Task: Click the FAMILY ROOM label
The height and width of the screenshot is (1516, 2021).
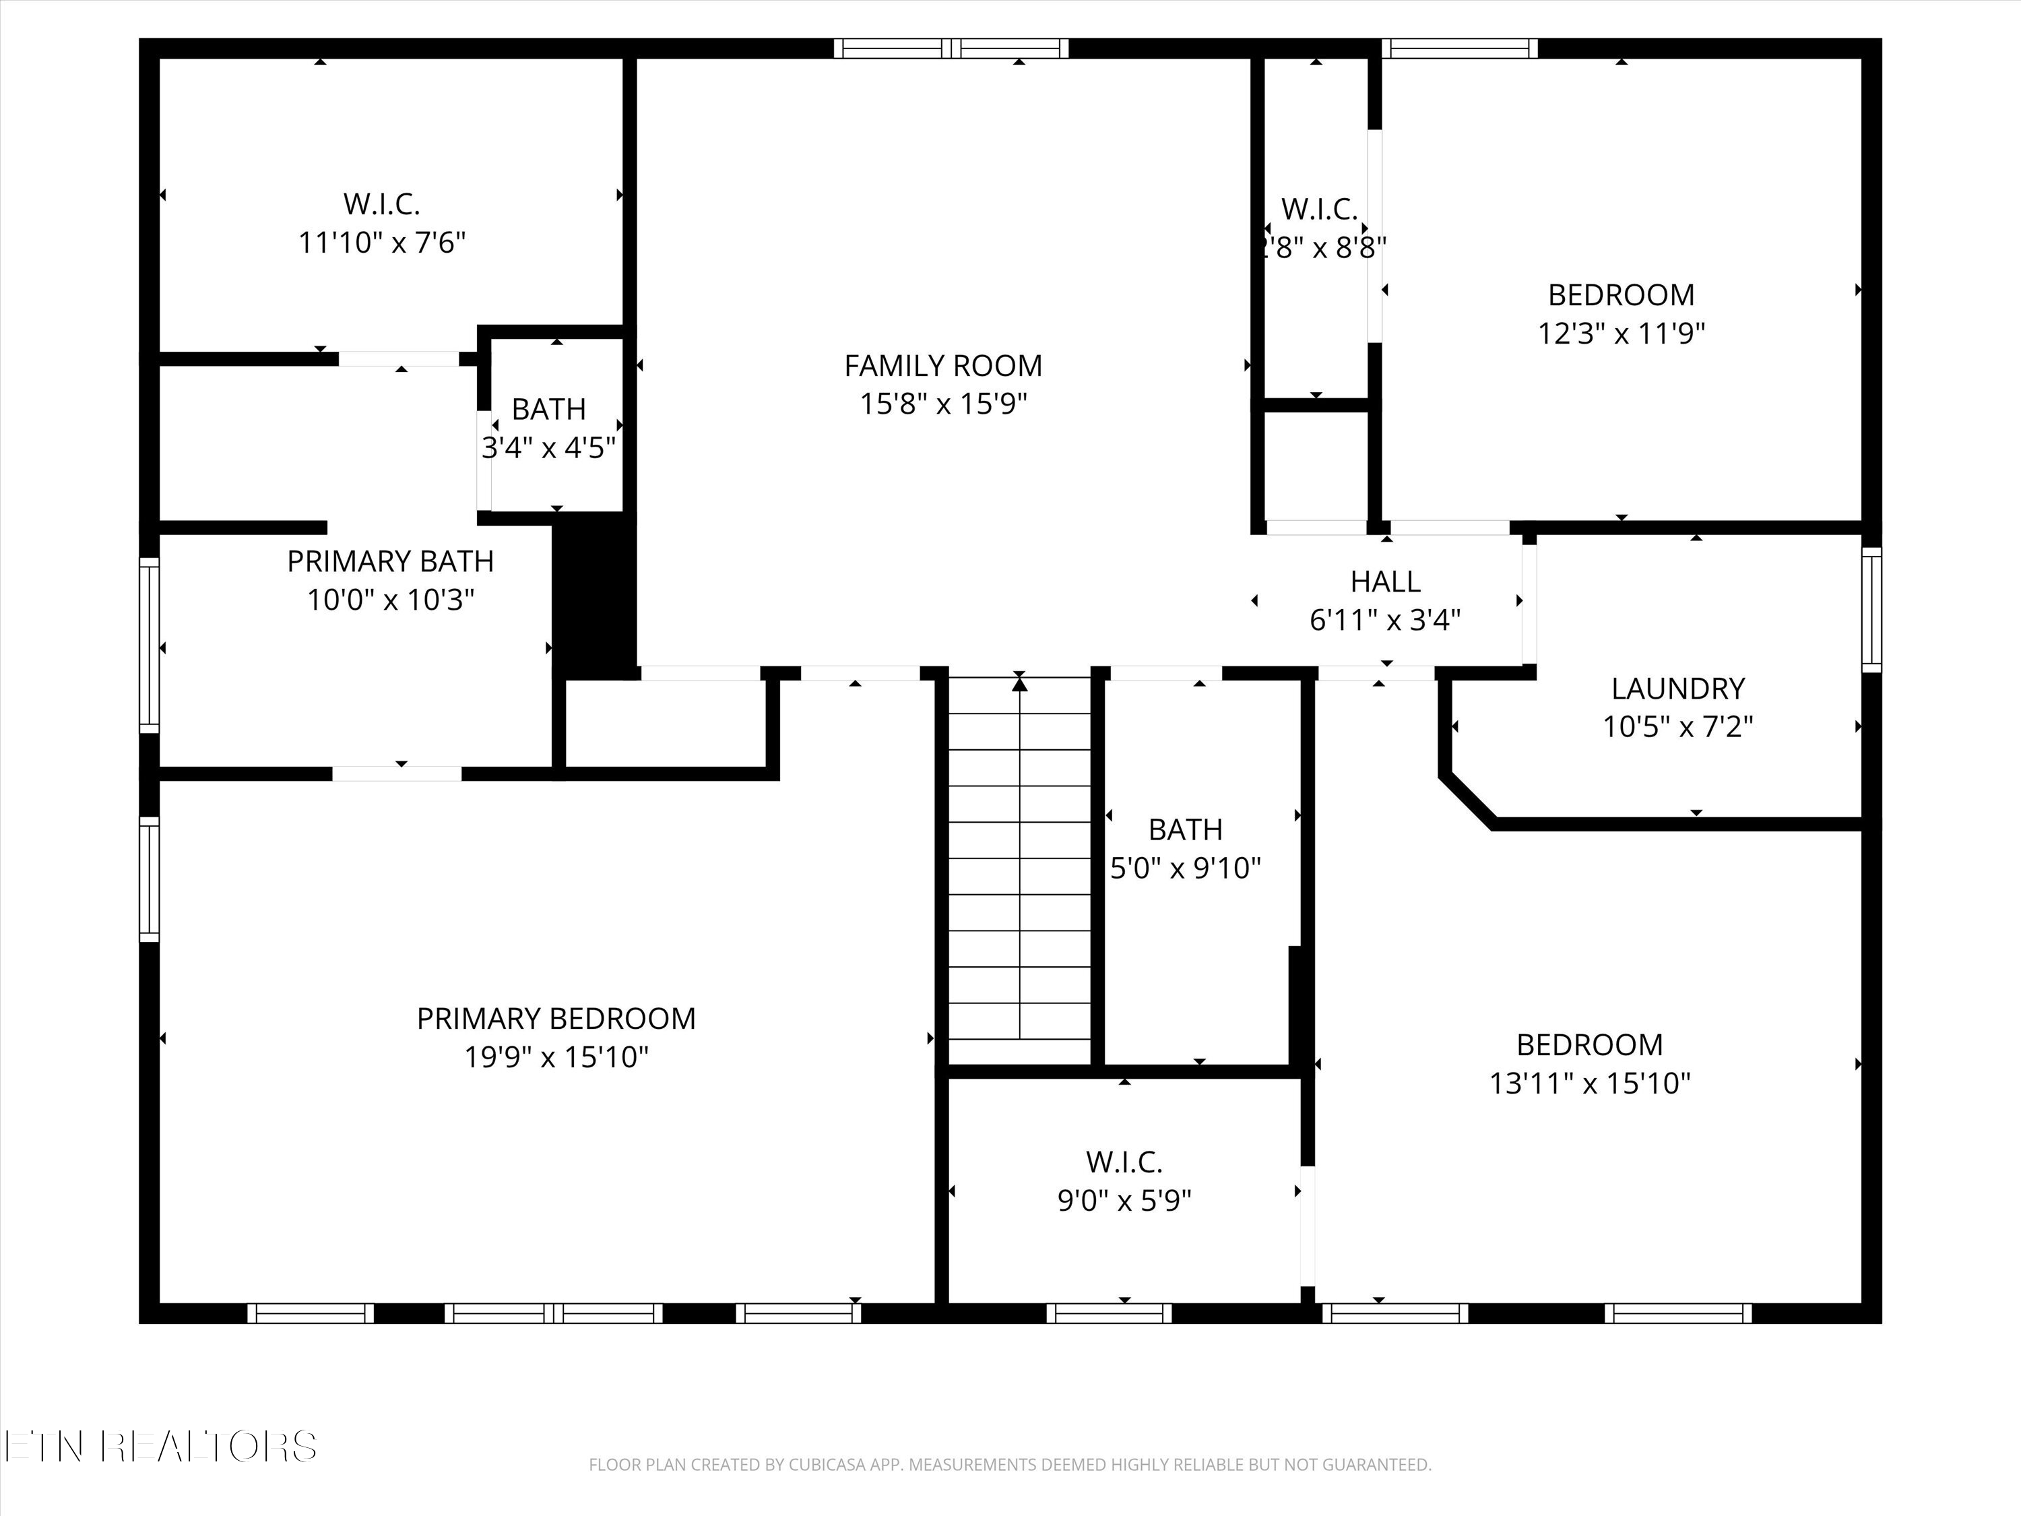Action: [x=943, y=365]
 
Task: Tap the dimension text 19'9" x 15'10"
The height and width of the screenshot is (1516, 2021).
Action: [x=556, y=1057]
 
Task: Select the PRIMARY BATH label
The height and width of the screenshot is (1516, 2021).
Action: [x=390, y=561]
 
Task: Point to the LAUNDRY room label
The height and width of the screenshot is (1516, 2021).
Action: [x=1677, y=688]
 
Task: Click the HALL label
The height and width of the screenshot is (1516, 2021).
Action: [x=1385, y=581]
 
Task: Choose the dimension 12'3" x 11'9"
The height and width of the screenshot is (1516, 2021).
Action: [x=1621, y=334]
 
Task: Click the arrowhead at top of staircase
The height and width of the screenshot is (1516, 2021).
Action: [x=1020, y=683]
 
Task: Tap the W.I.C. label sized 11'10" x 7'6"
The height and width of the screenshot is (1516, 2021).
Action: [x=381, y=203]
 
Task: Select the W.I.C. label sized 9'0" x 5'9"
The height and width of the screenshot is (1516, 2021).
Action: [x=1124, y=1162]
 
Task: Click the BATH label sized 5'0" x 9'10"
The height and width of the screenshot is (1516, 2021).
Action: [x=1185, y=829]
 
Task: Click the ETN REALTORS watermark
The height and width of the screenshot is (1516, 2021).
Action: [x=160, y=1447]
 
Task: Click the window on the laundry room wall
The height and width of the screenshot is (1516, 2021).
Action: [x=1871, y=610]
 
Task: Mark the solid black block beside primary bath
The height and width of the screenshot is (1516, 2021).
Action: [x=595, y=595]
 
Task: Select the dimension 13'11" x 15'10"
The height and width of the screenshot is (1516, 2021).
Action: [x=1590, y=1083]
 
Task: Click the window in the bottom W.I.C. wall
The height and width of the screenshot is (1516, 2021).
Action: [x=1108, y=1313]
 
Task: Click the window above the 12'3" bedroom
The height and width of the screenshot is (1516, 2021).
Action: [x=1459, y=49]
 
